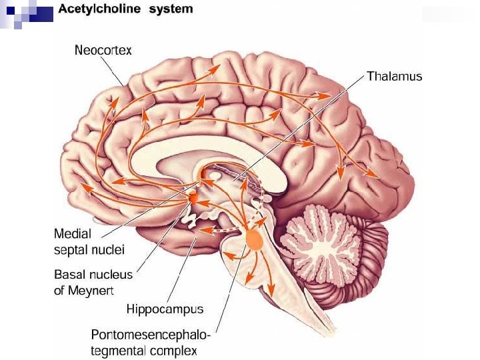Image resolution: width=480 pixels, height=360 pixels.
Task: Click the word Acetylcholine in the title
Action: pos(105,9)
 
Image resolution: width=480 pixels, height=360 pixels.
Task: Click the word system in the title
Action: pos(172,9)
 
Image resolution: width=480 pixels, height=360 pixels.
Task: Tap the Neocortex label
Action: pos(103,50)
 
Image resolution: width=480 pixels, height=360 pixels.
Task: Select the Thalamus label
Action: pos(395,77)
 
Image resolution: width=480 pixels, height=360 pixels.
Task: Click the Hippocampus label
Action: pos(165,309)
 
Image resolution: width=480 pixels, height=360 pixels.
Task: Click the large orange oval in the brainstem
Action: pos(254,239)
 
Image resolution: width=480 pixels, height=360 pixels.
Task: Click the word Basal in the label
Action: pos(69,275)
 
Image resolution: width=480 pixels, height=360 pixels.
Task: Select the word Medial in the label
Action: pos(73,234)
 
